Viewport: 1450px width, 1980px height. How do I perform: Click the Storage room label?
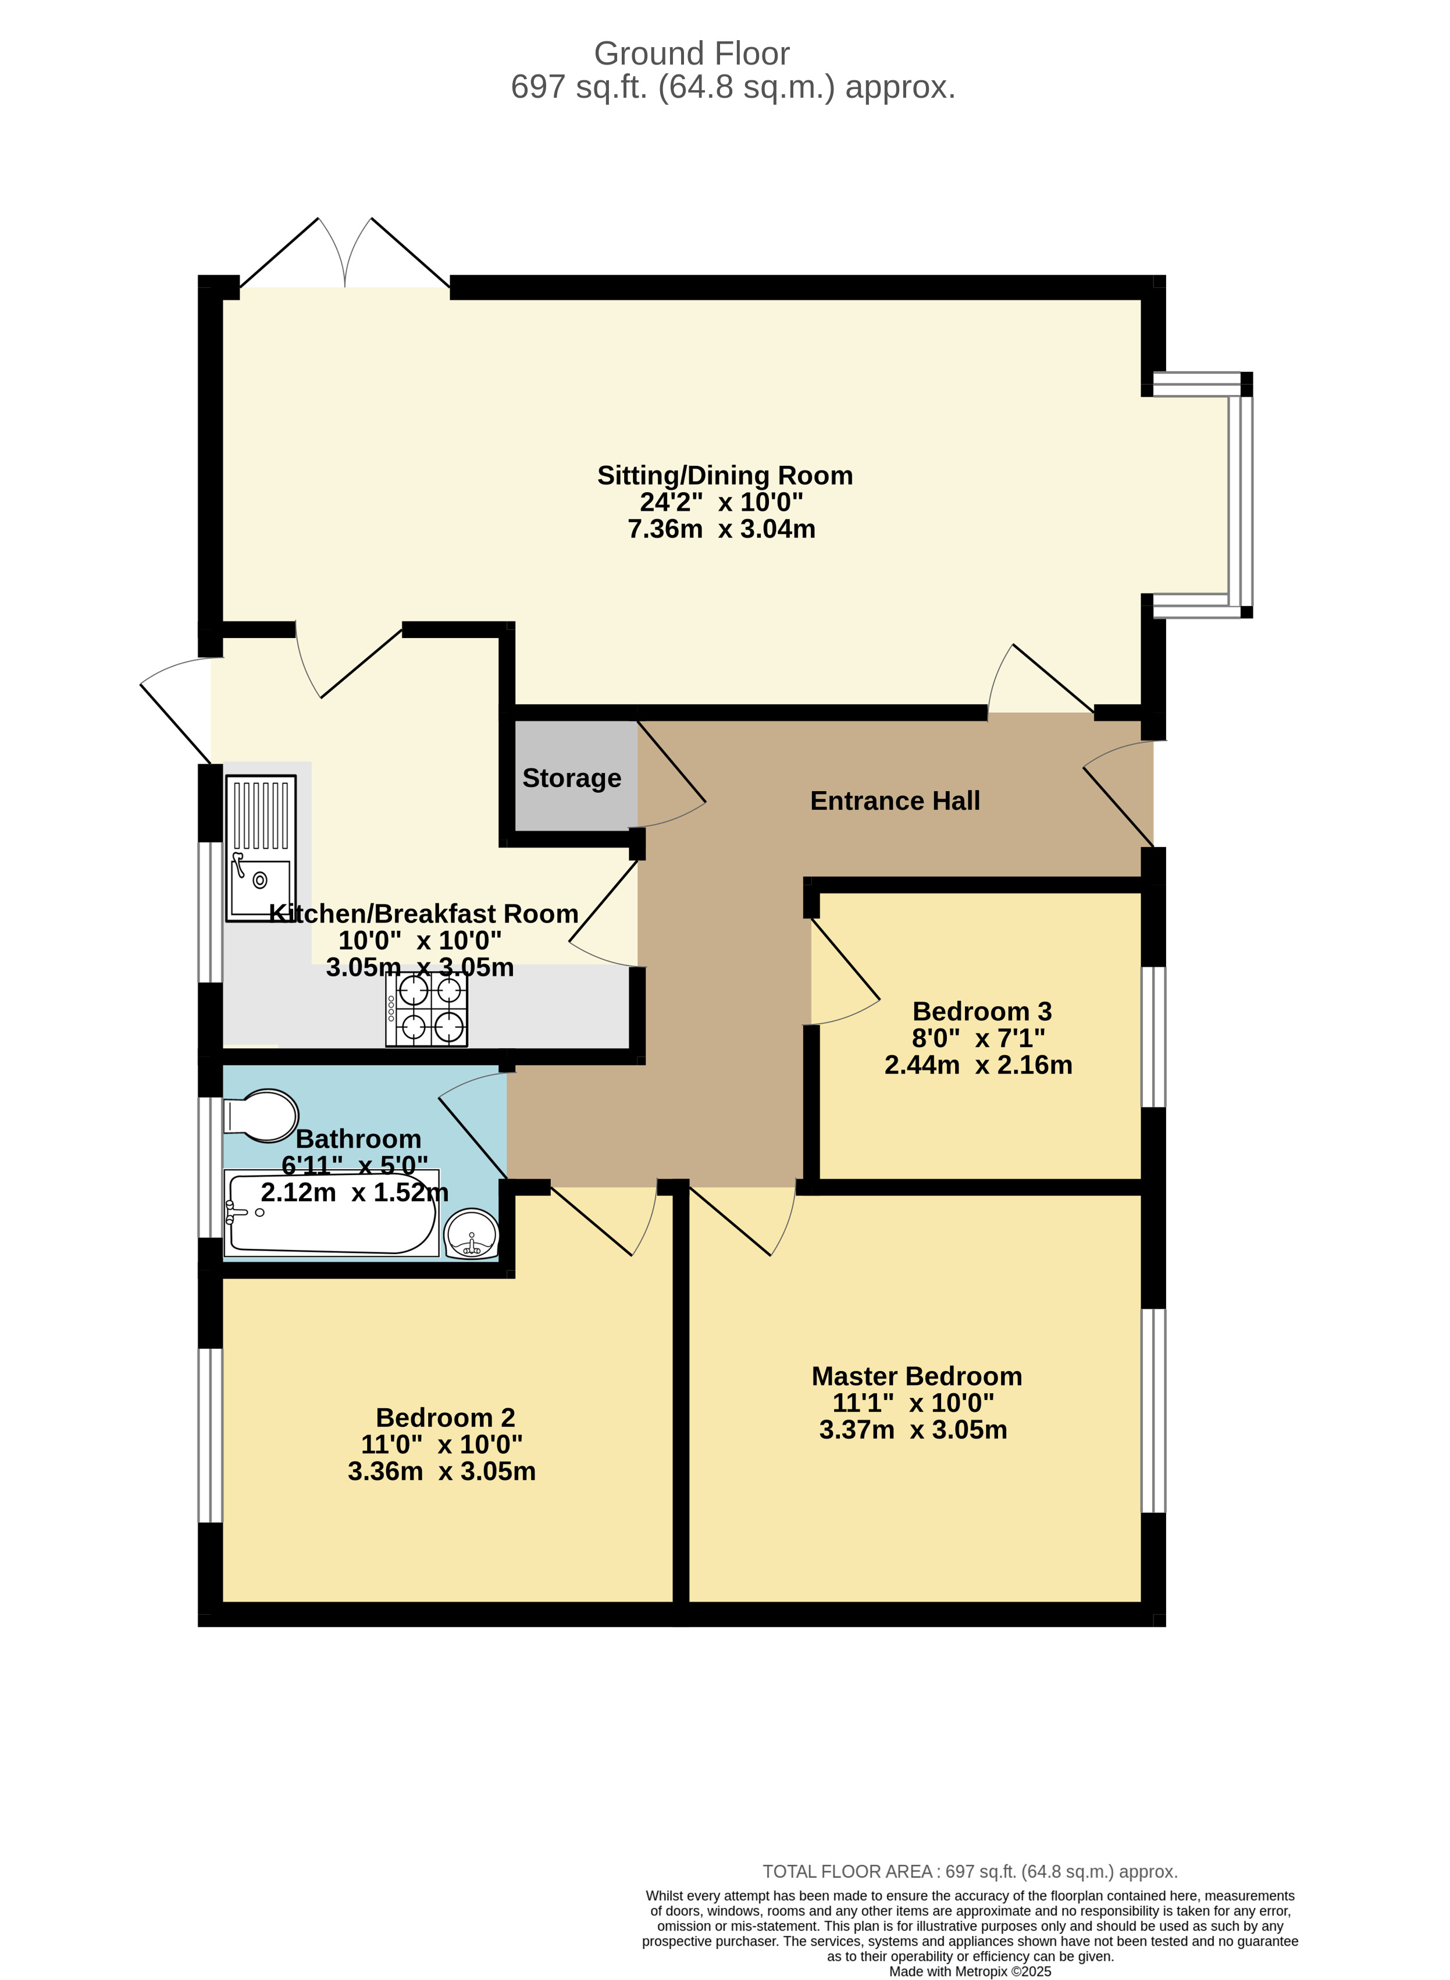tap(571, 778)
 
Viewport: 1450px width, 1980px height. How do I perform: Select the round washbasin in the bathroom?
tap(471, 1233)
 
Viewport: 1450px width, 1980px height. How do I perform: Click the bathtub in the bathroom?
tap(332, 1214)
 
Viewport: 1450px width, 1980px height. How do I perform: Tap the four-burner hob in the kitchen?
tap(426, 1009)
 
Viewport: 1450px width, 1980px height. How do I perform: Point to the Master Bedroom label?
tap(916, 1375)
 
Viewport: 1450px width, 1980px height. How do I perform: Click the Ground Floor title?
tap(692, 54)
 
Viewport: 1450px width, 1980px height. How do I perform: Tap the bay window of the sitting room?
tap(1239, 496)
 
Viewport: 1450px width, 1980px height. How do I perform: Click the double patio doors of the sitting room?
tap(345, 255)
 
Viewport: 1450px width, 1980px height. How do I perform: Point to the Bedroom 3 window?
tap(1153, 1037)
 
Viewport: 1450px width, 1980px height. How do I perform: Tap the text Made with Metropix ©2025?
tap(970, 1971)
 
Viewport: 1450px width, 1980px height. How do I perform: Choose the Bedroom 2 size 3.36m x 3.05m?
tap(441, 1471)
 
